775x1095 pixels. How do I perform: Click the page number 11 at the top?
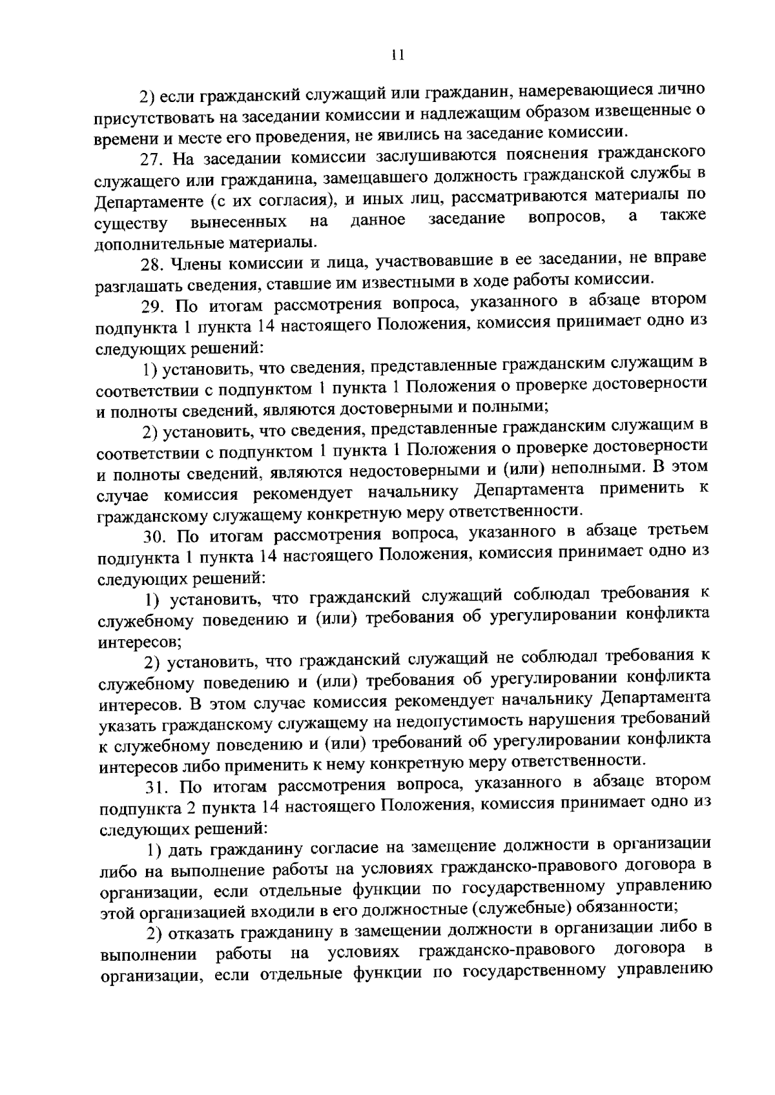tap(397, 55)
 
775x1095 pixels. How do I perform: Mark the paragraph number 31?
tap(157, 786)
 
